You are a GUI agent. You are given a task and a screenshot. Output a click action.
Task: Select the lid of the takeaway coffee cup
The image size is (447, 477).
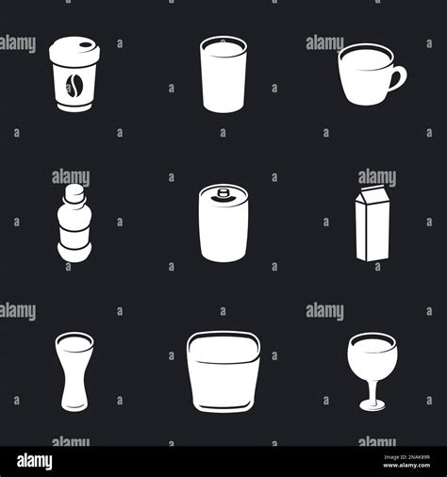(x=74, y=52)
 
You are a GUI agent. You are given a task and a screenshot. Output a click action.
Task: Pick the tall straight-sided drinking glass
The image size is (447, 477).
(x=223, y=75)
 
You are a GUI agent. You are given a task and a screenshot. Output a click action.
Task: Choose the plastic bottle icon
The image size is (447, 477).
(x=74, y=223)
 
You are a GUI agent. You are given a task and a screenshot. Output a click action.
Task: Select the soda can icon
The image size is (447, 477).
(x=223, y=223)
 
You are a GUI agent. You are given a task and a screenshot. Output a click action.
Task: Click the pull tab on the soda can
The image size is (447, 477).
(x=223, y=194)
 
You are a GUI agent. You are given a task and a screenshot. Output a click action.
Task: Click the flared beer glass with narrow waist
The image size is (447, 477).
(x=74, y=370)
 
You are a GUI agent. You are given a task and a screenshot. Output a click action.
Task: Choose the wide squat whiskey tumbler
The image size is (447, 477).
(x=223, y=371)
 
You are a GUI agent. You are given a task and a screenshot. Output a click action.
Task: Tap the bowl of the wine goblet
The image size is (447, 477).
(x=372, y=358)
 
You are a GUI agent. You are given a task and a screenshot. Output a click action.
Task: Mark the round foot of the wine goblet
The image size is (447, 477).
(x=372, y=407)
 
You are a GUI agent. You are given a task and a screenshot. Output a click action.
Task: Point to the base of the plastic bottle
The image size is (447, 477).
(x=74, y=251)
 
